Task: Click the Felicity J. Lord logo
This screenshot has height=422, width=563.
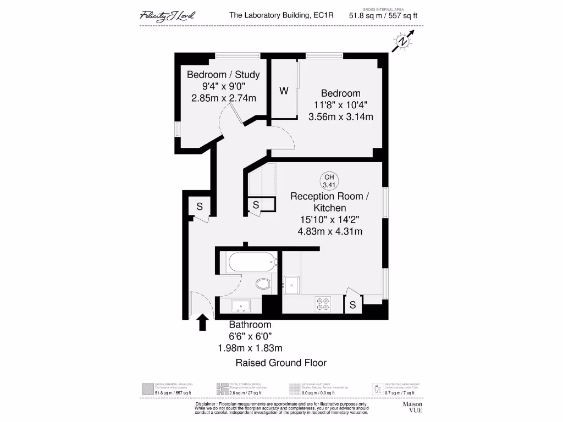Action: [167, 15]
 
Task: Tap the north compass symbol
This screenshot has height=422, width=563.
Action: [403, 42]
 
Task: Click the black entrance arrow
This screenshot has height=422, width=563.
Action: [202, 322]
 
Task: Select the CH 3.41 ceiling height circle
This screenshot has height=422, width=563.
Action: [329, 180]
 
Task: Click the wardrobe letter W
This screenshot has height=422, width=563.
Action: [284, 91]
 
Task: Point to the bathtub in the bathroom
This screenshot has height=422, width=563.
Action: [251, 262]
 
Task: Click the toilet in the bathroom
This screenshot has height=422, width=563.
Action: [263, 284]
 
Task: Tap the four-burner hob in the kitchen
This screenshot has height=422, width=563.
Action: [322, 303]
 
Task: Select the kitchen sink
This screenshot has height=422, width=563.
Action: [292, 285]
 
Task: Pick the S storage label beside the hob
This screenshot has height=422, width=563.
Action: [352, 304]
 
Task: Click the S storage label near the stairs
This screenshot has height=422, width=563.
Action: [256, 205]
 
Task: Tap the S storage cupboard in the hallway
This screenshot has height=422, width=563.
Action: [200, 207]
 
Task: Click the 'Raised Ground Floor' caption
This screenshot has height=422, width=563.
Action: [281, 363]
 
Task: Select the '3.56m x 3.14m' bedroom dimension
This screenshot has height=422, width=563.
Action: [340, 116]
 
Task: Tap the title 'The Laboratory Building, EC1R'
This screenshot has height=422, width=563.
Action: [281, 16]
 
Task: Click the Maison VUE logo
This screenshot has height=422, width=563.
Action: [412, 407]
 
